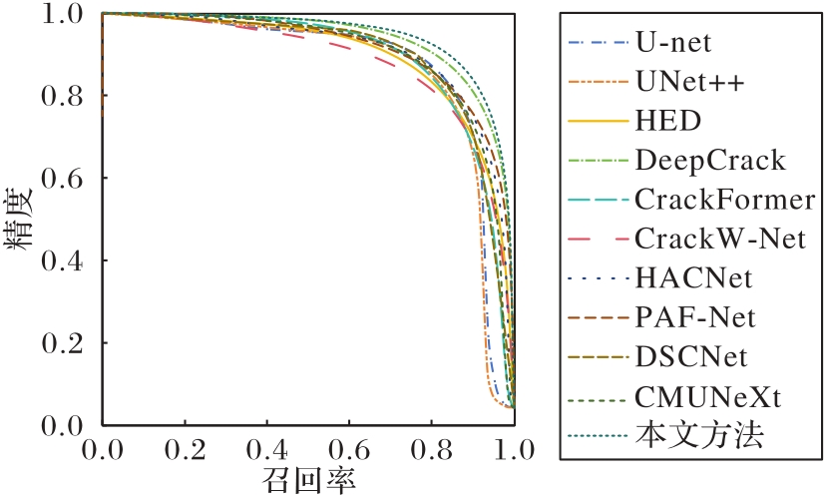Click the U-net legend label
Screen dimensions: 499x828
pos(671,43)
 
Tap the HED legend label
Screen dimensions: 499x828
pos(667,121)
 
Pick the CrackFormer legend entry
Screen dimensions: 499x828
pos(724,199)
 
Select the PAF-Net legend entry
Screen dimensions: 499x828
pos(694,316)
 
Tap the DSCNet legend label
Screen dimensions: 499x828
pos(689,355)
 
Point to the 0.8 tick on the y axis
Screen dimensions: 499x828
pos(63,96)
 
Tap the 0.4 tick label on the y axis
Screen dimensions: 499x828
pos(63,261)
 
